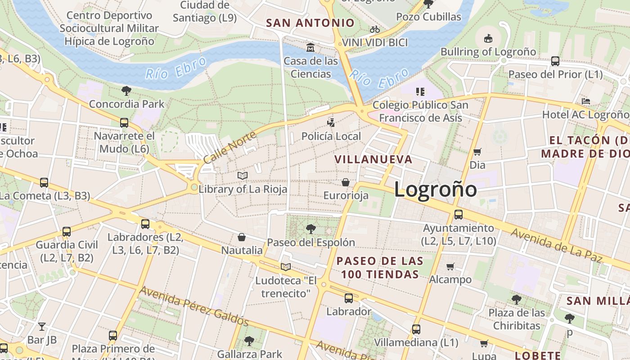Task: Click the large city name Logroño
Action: click(x=435, y=189)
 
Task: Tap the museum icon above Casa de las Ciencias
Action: click(x=310, y=47)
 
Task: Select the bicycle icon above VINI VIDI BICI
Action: click(x=375, y=30)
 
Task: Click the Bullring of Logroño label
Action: click(x=488, y=52)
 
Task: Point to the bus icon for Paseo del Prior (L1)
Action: click(x=555, y=61)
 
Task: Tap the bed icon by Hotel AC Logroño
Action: click(x=585, y=101)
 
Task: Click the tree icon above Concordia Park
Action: click(x=126, y=91)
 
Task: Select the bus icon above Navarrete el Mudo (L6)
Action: click(x=124, y=122)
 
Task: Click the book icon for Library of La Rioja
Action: click(x=242, y=175)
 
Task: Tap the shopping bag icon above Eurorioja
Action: click(x=346, y=182)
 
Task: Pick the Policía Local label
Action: click(x=331, y=136)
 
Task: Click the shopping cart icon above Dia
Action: click(x=477, y=152)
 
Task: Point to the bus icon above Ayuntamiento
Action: click(x=459, y=215)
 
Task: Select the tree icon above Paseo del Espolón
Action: click(x=310, y=229)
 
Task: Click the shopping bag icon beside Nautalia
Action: click(x=242, y=237)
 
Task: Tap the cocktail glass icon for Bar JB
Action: click(x=42, y=326)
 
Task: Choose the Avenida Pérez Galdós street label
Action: click(x=194, y=306)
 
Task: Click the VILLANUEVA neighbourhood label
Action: click(x=373, y=159)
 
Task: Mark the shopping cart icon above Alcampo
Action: click(x=450, y=266)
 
